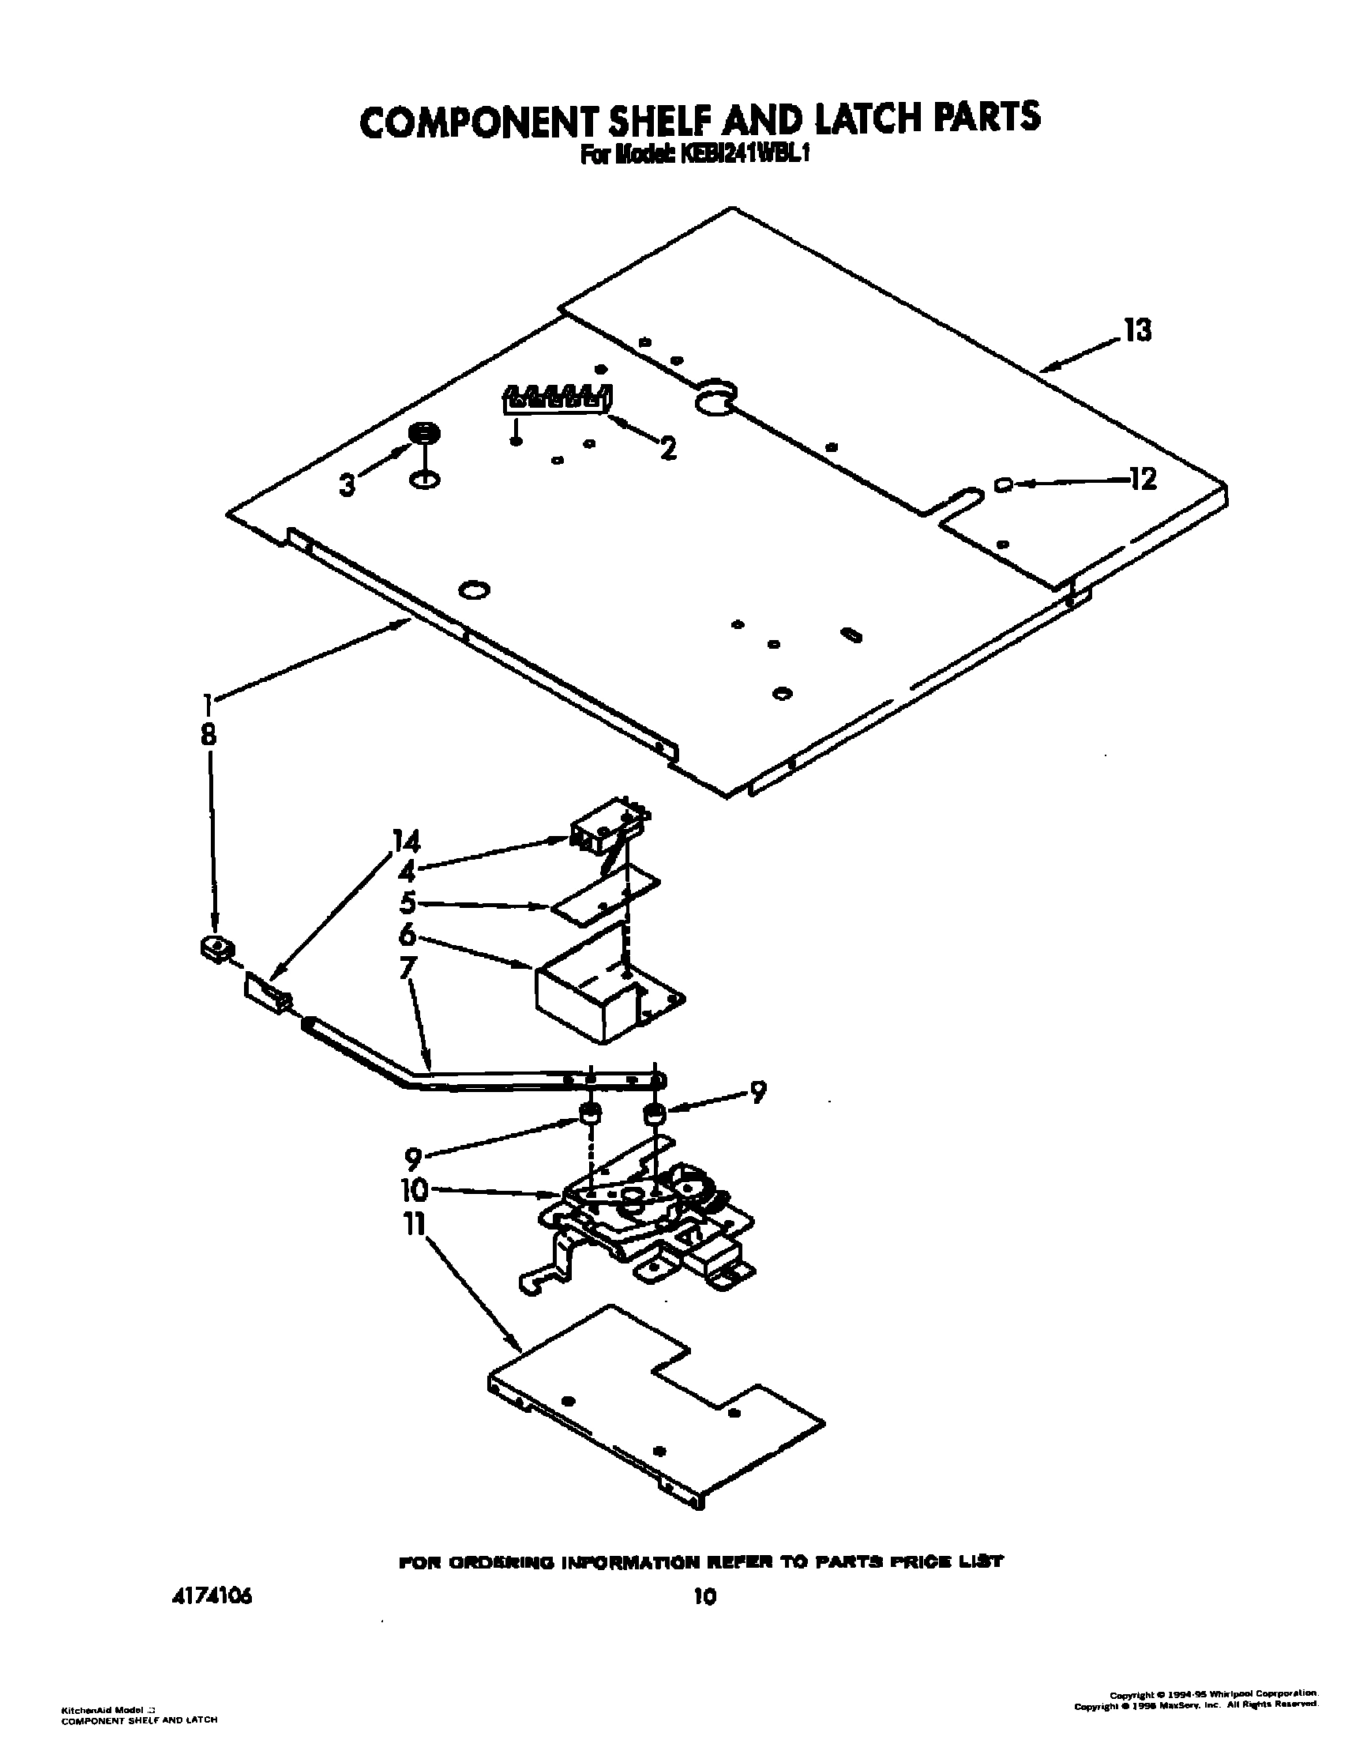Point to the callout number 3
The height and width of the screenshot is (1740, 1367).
click(x=347, y=484)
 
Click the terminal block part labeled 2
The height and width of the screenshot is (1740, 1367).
click(x=557, y=399)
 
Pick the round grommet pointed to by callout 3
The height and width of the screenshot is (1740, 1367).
click(x=424, y=433)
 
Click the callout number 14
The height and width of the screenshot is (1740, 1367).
click(x=406, y=842)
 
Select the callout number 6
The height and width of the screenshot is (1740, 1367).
click(x=407, y=934)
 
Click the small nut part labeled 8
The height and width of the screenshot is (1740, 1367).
click(x=216, y=950)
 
